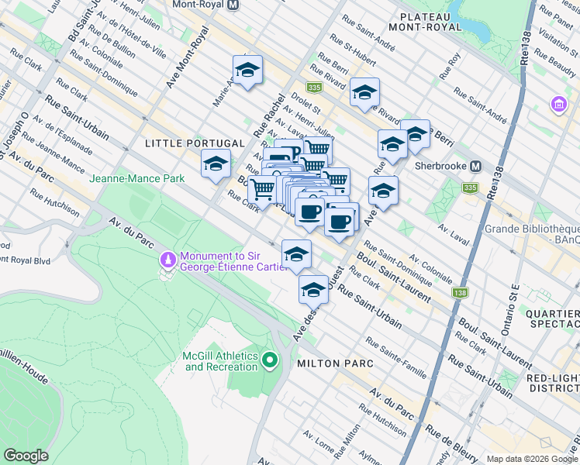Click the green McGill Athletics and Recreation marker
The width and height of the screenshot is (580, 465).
[x=270, y=360]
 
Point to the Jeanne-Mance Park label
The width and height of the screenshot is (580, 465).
[x=136, y=178]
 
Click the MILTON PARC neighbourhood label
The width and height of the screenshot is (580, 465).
[x=333, y=363]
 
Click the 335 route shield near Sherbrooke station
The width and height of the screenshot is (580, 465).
[x=470, y=187]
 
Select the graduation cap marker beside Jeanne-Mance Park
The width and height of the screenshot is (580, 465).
[x=216, y=164]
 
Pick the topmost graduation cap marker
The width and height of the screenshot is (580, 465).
[x=247, y=71]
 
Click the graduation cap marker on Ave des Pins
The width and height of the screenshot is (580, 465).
[x=313, y=290]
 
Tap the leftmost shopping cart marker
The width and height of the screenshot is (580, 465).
[x=263, y=188]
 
